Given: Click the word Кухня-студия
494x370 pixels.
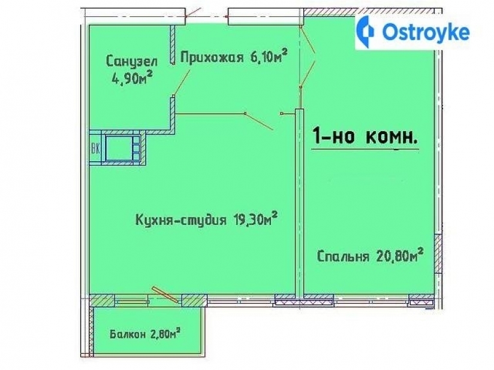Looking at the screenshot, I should pos(178,220).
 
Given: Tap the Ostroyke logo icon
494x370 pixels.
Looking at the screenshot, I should pos(367,32).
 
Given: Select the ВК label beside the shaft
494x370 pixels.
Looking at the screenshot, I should pos(95,147).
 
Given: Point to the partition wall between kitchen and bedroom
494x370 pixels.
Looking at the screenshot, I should pos(299,204).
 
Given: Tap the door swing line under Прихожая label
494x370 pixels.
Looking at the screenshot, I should pos(183,78).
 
